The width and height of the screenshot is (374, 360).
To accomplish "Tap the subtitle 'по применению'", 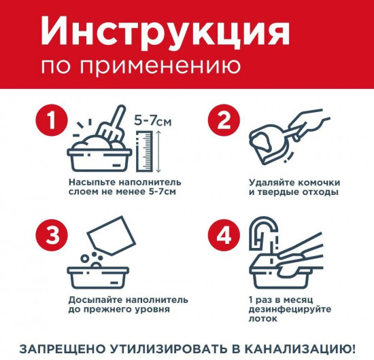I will [140, 67].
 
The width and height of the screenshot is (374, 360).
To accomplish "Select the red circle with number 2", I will [224, 122].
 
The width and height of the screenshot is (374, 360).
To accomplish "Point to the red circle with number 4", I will [224, 235].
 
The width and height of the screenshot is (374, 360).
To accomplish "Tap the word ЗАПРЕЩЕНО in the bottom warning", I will [56, 348].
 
